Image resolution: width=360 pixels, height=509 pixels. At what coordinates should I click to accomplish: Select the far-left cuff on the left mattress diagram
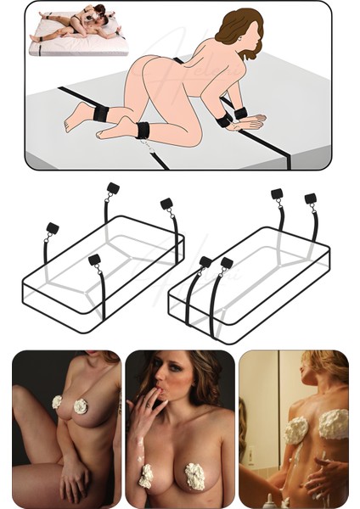click(x=53, y=228)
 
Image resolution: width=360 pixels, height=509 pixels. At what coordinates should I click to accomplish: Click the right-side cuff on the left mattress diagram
click(x=166, y=204)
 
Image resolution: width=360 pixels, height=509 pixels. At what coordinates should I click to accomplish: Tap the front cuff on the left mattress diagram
click(x=94, y=260)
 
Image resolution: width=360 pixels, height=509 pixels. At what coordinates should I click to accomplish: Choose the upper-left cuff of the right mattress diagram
click(x=277, y=194)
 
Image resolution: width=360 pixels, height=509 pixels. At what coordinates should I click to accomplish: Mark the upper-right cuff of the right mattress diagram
click(x=311, y=199)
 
